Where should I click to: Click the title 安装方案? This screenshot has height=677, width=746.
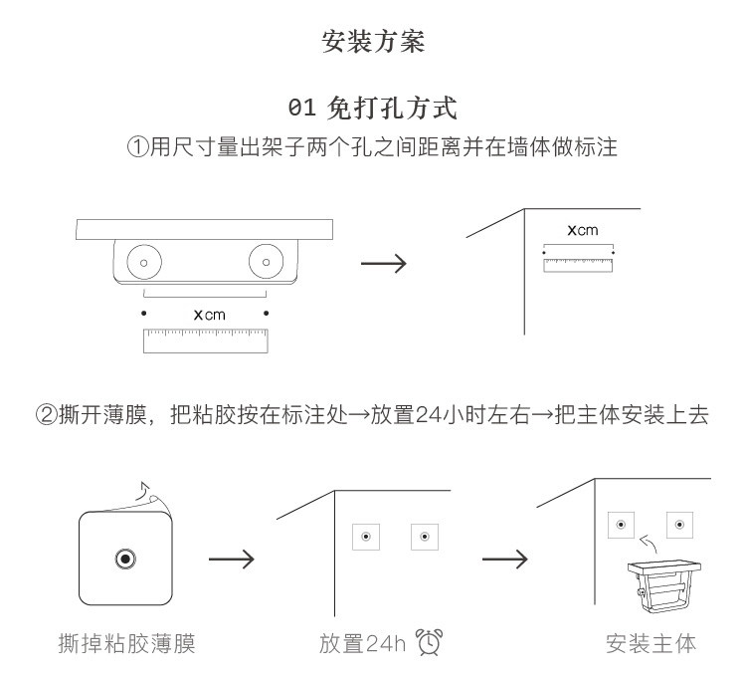[373, 42]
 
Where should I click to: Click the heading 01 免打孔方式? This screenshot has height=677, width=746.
[373, 109]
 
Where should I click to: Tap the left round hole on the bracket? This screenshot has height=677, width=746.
[144, 262]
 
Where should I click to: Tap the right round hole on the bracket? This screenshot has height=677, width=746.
[266, 262]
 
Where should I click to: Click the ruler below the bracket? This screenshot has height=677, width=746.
[206, 340]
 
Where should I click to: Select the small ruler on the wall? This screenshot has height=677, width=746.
[578, 265]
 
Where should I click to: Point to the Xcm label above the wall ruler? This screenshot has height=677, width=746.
[583, 230]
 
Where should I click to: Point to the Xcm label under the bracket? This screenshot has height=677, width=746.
[209, 315]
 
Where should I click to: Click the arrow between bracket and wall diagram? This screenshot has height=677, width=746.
[384, 263]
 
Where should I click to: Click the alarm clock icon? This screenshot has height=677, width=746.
[429, 642]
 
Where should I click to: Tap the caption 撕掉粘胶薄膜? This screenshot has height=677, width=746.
[126, 644]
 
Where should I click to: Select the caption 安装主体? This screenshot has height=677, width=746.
[651, 644]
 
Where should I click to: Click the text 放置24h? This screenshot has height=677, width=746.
[362, 644]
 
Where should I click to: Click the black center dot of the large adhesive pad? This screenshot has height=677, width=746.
[125, 559]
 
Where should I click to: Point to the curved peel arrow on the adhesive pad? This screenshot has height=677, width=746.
[143, 491]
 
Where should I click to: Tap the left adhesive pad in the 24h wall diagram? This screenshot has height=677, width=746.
[366, 537]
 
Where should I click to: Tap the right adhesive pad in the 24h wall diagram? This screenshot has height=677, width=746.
[425, 537]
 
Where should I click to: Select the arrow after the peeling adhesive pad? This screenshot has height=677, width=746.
[231, 559]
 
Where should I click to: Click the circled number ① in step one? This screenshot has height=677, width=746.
[138, 146]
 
